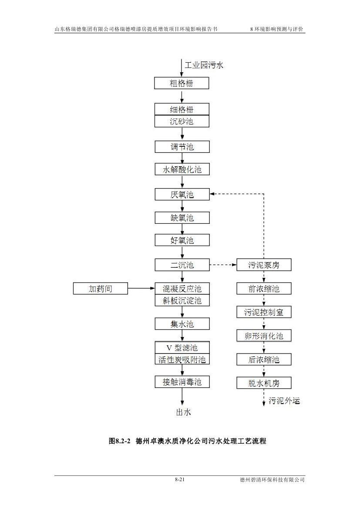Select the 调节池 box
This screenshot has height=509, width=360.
click(182, 147)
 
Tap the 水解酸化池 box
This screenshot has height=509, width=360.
click(182, 169)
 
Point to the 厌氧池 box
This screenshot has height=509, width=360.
click(182, 195)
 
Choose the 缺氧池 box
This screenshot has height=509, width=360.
click(182, 218)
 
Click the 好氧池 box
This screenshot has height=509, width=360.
click(182, 240)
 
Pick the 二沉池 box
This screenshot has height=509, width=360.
click(182, 265)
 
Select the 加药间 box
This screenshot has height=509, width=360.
click(101, 288)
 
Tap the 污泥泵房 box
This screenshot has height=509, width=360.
click(264, 265)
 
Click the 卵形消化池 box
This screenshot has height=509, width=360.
click(264, 336)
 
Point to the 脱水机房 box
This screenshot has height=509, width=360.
click(264, 383)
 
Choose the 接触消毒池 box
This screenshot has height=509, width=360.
click(182, 382)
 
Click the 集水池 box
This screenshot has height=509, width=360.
click(182, 324)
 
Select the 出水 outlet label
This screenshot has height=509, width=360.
click(183, 412)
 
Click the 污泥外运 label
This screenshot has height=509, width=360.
click(284, 401)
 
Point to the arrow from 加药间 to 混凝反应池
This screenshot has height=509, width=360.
click(141, 288)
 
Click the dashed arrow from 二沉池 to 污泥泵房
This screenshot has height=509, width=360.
click(223, 265)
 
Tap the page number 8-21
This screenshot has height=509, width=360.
click(180, 479)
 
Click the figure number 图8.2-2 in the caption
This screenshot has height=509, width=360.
click(120, 441)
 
